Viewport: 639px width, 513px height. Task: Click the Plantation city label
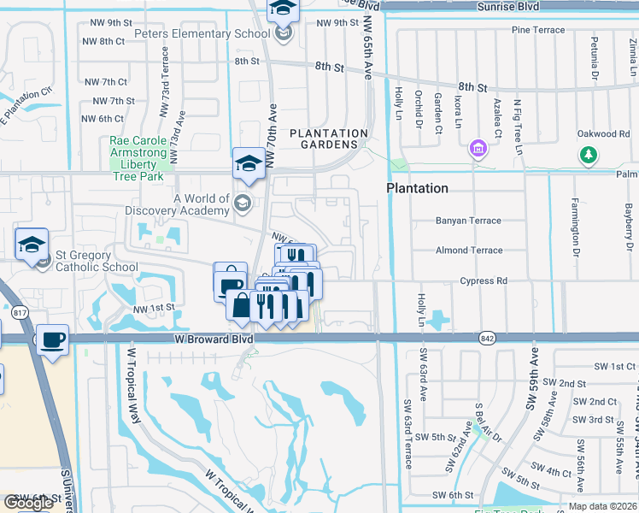point(417,188)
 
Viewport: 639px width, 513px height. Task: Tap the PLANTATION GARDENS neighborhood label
point(329,139)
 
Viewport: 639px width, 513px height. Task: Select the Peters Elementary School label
point(196,33)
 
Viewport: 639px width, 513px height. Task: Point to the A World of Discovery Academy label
point(201,205)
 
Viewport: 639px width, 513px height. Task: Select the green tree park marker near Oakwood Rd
point(587,155)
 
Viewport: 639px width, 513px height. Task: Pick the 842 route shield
point(488,339)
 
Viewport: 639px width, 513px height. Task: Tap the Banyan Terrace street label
point(468,221)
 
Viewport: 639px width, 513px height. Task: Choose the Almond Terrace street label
point(463,251)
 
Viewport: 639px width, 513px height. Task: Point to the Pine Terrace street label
point(538,30)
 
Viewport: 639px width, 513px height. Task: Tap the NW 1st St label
point(153,307)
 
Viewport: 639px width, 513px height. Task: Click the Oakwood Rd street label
point(602,134)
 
